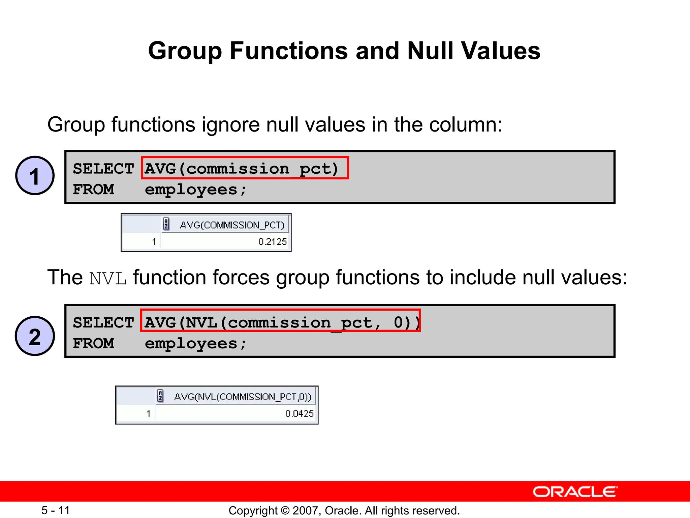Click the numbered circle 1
click(x=35, y=176)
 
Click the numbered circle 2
click(x=35, y=336)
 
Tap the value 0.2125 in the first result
click(x=272, y=241)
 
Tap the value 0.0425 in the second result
click(x=299, y=413)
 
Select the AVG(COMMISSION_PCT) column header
click(x=232, y=225)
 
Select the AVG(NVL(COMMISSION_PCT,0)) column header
click(x=243, y=397)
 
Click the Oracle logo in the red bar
click(x=575, y=492)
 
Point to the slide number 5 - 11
click(x=56, y=510)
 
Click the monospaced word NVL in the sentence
click(x=108, y=279)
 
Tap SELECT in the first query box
click(x=103, y=169)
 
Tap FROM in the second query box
click(x=93, y=343)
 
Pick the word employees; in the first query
click(x=195, y=190)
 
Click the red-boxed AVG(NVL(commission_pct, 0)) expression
click(x=281, y=322)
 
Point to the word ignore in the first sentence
click(x=231, y=124)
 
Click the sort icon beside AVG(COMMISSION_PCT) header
click(x=166, y=224)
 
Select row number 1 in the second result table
click(x=148, y=413)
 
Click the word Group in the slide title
click(x=185, y=51)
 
